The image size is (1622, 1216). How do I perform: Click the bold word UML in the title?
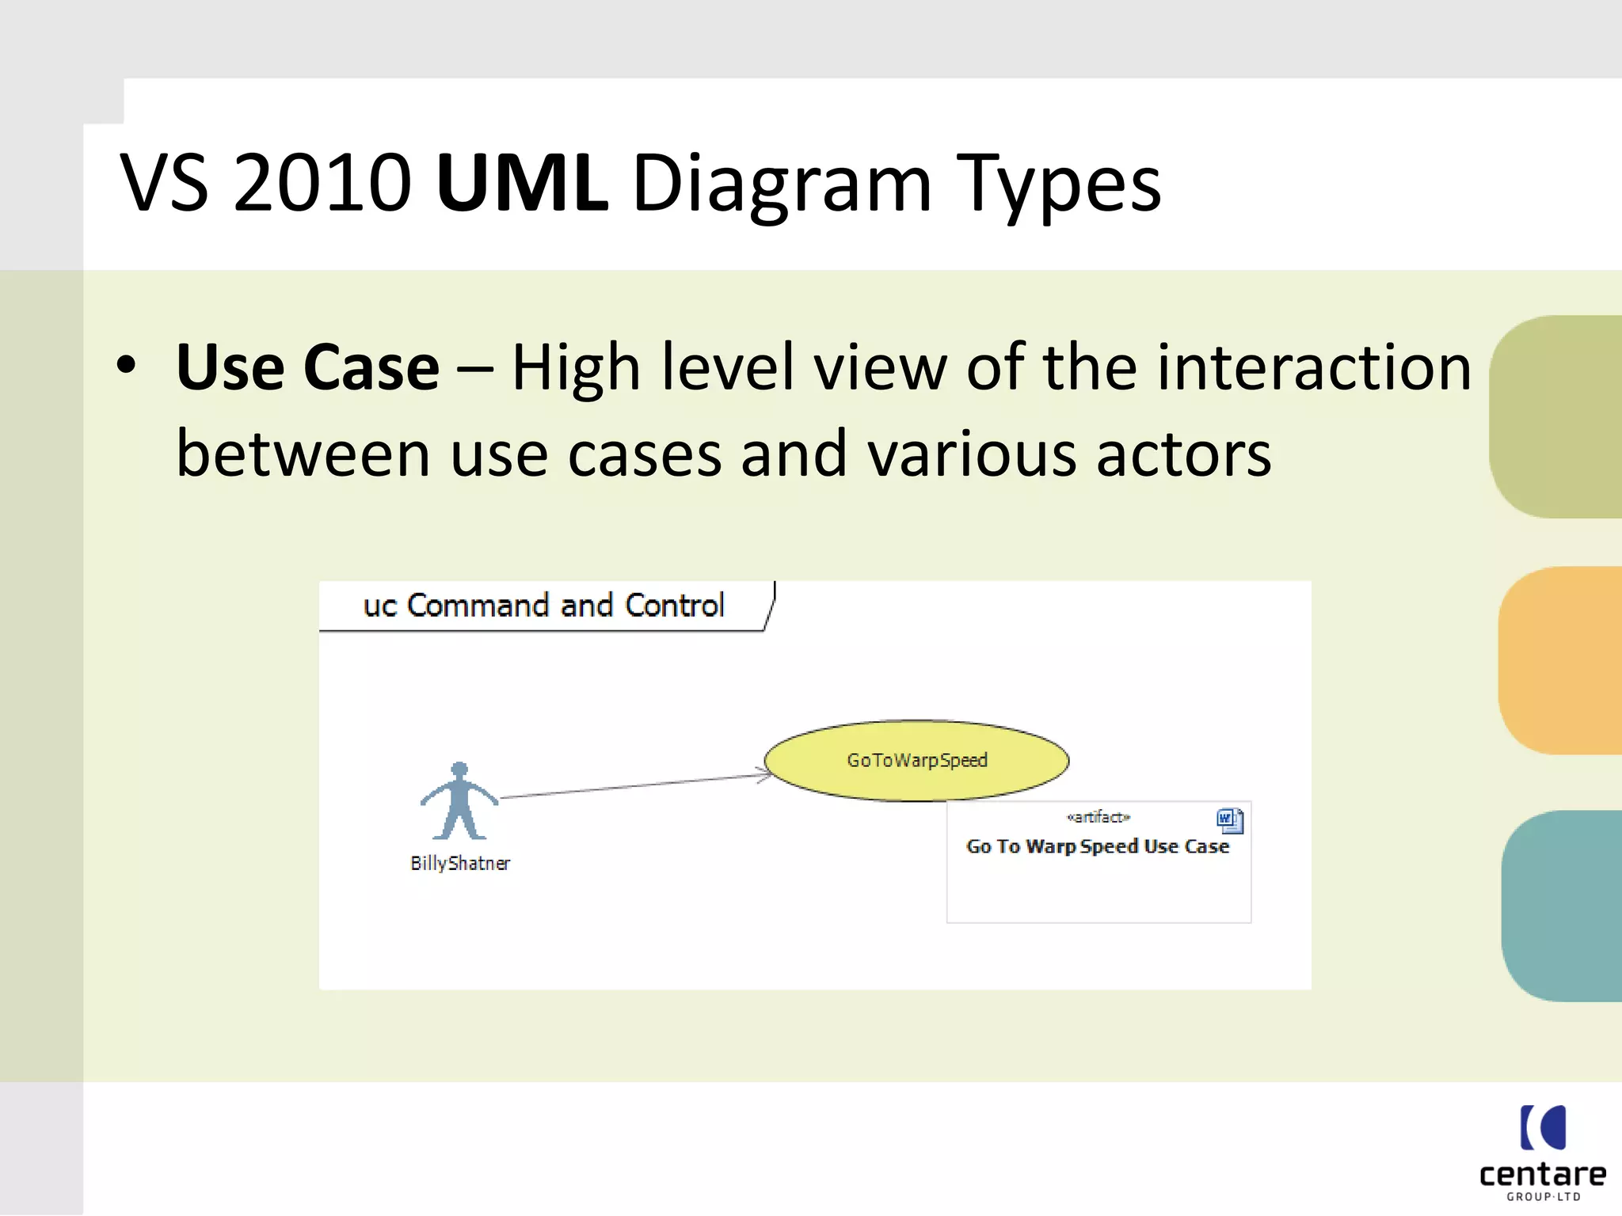tap(521, 184)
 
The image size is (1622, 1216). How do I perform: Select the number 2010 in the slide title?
tap(322, 184)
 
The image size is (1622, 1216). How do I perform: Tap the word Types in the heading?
tap(1058, 184)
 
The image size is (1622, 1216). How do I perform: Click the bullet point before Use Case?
tap(126, 367)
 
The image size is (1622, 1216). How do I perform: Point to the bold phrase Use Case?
tap(307, 368)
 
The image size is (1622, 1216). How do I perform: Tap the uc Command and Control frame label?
tap(543, 606)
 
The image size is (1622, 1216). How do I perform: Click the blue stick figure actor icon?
tap(459, 801)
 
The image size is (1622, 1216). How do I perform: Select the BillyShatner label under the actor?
tap(460, 863)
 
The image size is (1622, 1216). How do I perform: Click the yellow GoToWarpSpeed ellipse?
tap(916, 760)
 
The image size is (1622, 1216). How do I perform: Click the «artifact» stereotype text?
tap(1098, 817)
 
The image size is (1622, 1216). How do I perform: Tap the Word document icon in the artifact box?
tap(1229, 820)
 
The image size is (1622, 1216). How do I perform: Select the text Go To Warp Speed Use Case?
tap(1098, 846)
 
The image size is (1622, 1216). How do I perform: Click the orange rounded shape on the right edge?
tap(1560, 660)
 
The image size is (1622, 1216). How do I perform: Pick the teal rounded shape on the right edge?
tap(1562, 906)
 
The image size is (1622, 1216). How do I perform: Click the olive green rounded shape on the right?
tap(1556, 417)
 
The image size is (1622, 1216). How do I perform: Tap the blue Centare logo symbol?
tap(1543, 1127)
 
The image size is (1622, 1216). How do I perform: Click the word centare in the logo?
tap(1542, 1175)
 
